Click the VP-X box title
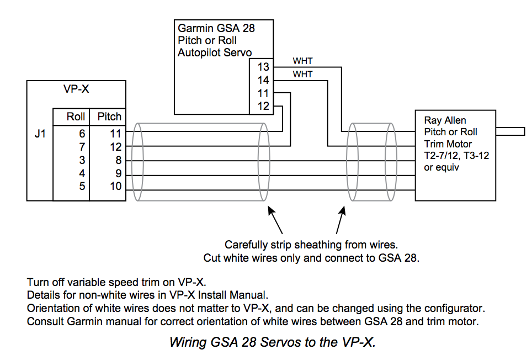pos(76,89)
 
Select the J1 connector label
pos(40,134)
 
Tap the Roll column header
pos(75,117)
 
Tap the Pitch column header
pos(109,117)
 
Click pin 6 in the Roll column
pos(82,134)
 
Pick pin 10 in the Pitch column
pos(115,186)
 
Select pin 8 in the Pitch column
pos(119,160)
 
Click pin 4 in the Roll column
pos(82,173)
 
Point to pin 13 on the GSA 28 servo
pos(263,67)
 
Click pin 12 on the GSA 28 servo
pos(263,106)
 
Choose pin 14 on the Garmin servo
pos(263,80)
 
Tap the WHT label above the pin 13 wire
pos(302,61)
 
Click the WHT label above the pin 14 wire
pos(302,75)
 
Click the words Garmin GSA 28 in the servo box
pos(216,28)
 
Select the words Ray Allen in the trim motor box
pos(445,120)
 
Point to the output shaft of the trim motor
pos(510,131)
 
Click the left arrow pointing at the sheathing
pos(275,220)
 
